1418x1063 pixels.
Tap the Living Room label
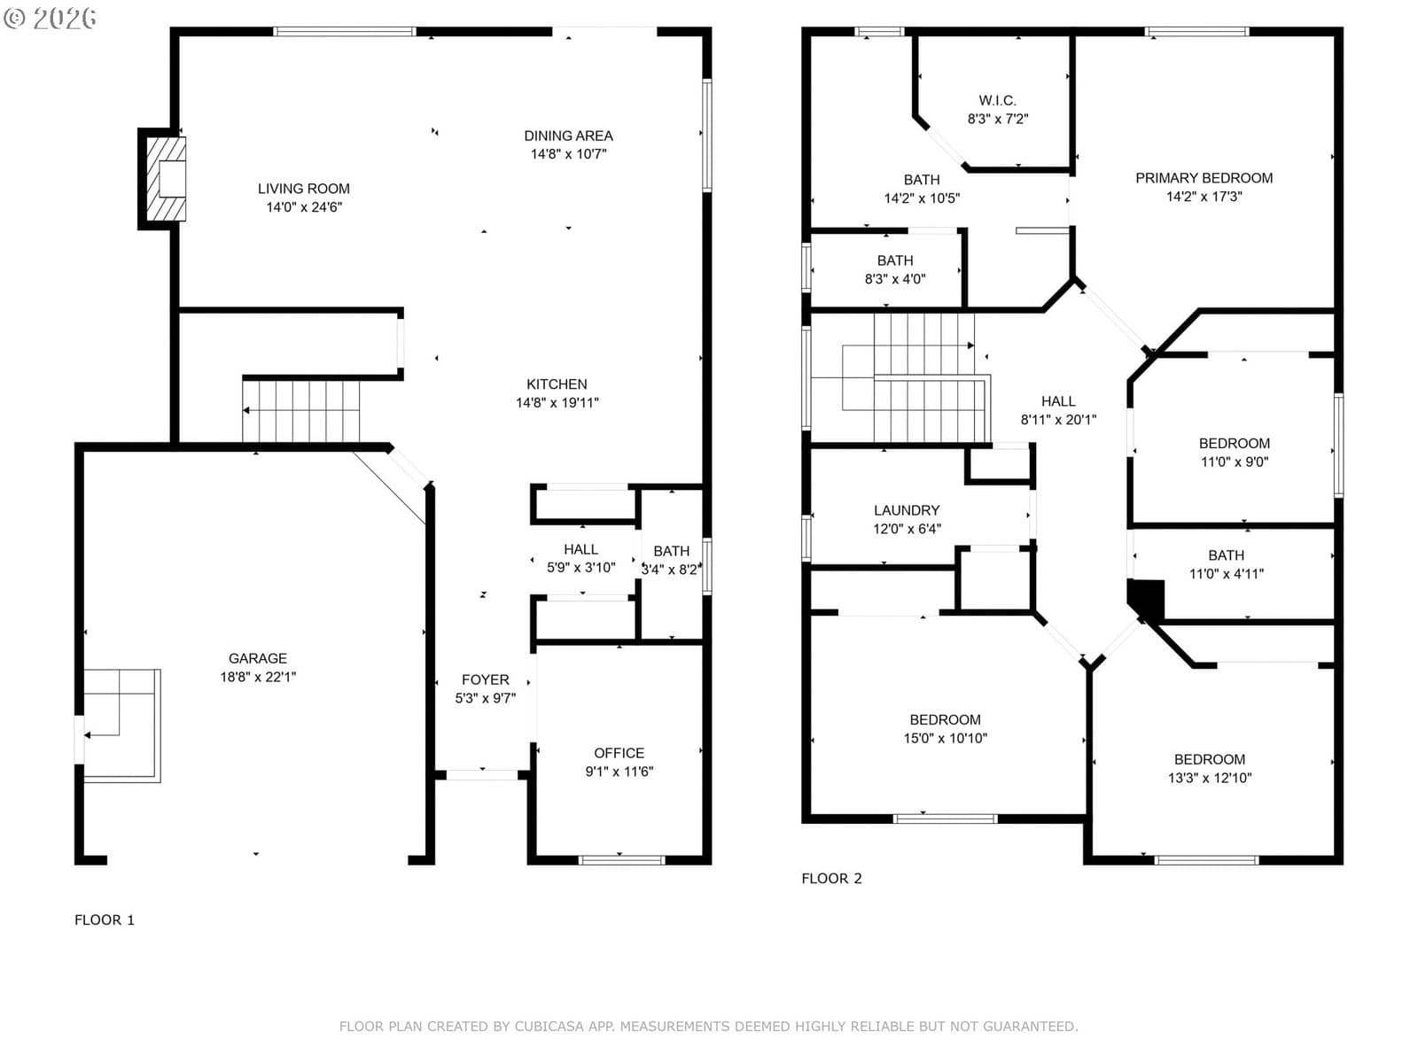304,189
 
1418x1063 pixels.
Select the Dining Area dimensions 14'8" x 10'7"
568,154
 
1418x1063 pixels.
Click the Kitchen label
557,384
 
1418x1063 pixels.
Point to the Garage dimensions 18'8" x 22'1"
258,677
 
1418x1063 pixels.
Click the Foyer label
485,679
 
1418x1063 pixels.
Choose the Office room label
619,753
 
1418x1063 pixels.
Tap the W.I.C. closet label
997,101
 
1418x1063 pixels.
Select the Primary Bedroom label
1204,178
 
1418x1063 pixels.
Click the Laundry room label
907,510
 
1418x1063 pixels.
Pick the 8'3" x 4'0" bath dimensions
895,279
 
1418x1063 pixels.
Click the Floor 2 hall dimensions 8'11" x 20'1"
1058,420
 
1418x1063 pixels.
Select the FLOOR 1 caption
105,919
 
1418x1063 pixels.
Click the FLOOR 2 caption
831,879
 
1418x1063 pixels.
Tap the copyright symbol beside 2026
14,18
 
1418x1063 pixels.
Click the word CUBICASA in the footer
549,1026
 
